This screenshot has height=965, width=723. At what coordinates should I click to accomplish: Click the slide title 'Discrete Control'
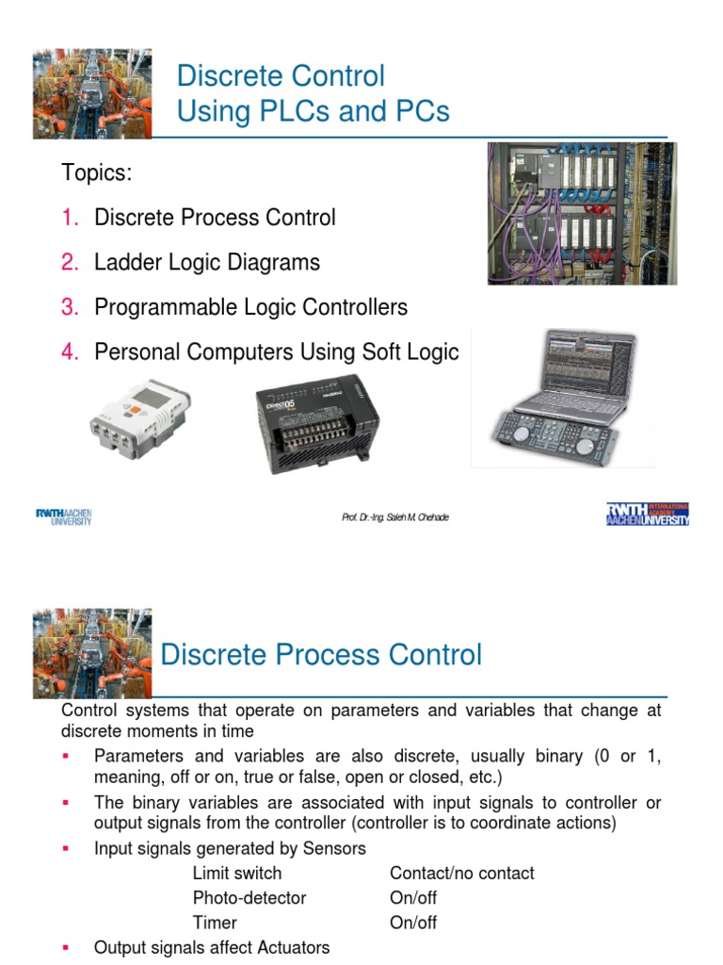tap(281, 75)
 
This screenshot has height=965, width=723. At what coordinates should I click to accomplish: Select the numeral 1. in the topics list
tap(72, 218)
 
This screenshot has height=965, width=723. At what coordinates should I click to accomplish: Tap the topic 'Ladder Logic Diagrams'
tap(207, 262)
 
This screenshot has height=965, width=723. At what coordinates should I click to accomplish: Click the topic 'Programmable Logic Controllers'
tap(250, 307)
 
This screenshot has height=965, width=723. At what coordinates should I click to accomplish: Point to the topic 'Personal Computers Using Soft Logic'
tap(276, 352)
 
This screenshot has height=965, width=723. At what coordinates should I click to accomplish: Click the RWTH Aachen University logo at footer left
tap(63, 516)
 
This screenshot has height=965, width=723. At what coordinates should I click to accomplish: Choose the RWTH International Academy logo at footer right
tap(648, 514)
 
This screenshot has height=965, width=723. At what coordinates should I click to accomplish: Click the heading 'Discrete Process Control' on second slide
tap(321, 654)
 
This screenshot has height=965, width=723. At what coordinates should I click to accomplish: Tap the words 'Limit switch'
tap(236, 874)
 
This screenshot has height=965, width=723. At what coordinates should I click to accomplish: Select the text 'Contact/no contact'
tap(461, 874)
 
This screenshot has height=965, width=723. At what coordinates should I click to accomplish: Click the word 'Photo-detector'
tap(249, 898)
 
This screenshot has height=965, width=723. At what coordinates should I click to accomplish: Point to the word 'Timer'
tap(215, 923)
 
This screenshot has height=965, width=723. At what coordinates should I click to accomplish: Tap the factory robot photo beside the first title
tap(91, 93)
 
